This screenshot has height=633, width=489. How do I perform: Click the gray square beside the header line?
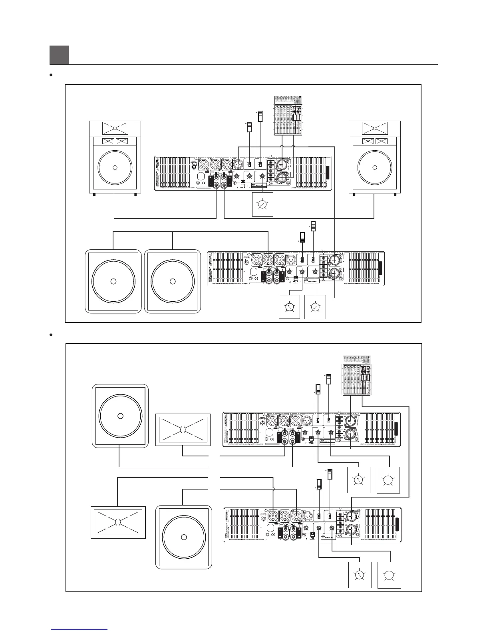pyautogui.click(x=59, y=55)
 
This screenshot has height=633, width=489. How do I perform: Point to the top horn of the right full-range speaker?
pyautogui.click(x=375, y=128)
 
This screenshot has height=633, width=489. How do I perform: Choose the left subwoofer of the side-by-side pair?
pyautogui.click(x=113, y=281)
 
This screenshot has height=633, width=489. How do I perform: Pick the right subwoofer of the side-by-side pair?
pyautogui.click(x=172, y=281)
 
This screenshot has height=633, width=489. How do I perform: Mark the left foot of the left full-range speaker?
pyautogui.click(x=94, y=195)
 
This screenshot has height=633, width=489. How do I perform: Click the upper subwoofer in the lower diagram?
pyautogui.click(x=120, y=416)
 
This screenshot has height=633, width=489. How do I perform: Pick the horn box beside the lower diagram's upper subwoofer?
pyautogui.click(x=183, y=430)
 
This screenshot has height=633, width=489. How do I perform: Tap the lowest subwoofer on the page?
pyautogui.click(x=183, y=537)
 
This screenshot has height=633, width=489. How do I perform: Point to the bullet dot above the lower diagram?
pyautogui.click(x=52, y=334)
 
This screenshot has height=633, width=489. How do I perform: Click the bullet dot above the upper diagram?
pyautogui.click(x=52, y=75)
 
